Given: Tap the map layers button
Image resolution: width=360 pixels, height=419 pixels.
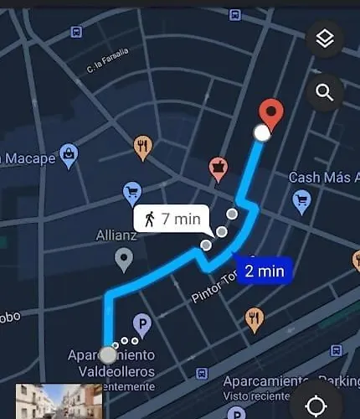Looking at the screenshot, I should [325, 39].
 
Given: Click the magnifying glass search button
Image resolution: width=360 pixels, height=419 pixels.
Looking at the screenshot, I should [325, 92].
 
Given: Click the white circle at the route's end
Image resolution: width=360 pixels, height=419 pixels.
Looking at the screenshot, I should [262, 132].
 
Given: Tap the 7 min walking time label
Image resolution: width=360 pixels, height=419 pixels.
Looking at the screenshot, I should [172, 220].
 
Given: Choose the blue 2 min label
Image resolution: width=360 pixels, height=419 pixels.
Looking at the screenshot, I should [263, 271].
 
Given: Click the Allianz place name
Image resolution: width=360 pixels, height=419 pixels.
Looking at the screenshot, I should [116, 235].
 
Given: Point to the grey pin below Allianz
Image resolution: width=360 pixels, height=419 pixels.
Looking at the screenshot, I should [124, 261].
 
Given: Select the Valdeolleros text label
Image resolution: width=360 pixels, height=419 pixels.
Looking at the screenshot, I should [111, 370].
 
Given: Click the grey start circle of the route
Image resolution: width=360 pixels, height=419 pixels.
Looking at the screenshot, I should [108, 354].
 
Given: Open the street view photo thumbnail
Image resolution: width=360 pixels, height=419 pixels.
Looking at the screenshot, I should [59, 401].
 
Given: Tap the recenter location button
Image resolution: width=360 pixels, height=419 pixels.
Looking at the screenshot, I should [316, 406].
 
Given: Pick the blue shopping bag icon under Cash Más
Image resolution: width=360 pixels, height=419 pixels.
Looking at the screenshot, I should [302, 200].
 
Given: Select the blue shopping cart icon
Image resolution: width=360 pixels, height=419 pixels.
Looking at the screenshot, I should [132, 193].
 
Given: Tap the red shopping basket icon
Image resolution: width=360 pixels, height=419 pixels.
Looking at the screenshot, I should [219, 169].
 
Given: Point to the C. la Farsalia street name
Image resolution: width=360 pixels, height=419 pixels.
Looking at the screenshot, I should [107, 59].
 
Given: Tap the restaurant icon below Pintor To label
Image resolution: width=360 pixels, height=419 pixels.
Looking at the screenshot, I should [255, 318].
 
